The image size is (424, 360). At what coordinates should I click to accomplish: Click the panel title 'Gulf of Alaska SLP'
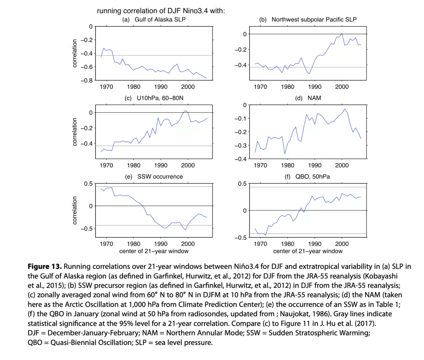click(160, 19)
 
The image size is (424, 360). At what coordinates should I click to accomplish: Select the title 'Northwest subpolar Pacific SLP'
click(314, 19)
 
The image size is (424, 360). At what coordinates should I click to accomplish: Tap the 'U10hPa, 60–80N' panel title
click(160, 98)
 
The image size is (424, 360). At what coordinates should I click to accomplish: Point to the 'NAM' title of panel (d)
click(314, 98)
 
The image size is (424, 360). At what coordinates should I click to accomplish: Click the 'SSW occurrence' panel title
click(160, 177)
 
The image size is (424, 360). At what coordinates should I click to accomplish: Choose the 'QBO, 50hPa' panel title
click(313, 177)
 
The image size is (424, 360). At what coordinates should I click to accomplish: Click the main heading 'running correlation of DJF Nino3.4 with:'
click(161, 11)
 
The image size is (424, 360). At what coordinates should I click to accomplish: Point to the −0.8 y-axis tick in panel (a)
click(87, 80)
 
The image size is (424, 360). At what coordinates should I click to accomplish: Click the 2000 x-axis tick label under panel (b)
click(342, 87)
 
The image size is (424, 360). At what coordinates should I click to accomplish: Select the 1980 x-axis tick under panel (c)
click(134, 165)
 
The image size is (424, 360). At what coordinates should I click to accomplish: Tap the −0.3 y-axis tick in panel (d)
click(241, 145)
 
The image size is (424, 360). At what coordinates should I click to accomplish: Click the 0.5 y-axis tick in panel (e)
click(88, 184)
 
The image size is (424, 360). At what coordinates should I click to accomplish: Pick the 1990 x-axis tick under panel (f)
click(315, 244)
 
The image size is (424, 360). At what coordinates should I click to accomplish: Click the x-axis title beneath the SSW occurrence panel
click(154, 251)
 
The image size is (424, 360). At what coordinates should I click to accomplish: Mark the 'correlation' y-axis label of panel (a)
click(75, 53)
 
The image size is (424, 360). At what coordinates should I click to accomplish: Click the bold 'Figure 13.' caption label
click(45, 266)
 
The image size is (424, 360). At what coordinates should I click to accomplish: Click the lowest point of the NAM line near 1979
click(285, 154)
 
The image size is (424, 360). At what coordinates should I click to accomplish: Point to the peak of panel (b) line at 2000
click(342, 34)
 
